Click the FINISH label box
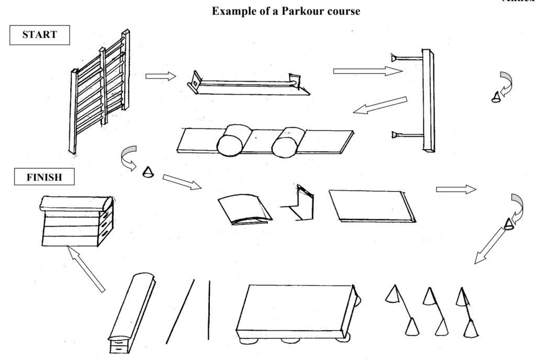tap(44, 177)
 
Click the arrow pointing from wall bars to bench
tap(160, 76)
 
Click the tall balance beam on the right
tap(428, 99)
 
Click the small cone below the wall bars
tap(147, 172)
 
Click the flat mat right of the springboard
tap(372, 205)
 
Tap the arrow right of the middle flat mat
tap(455, 189)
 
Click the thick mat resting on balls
tap(296, 311)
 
